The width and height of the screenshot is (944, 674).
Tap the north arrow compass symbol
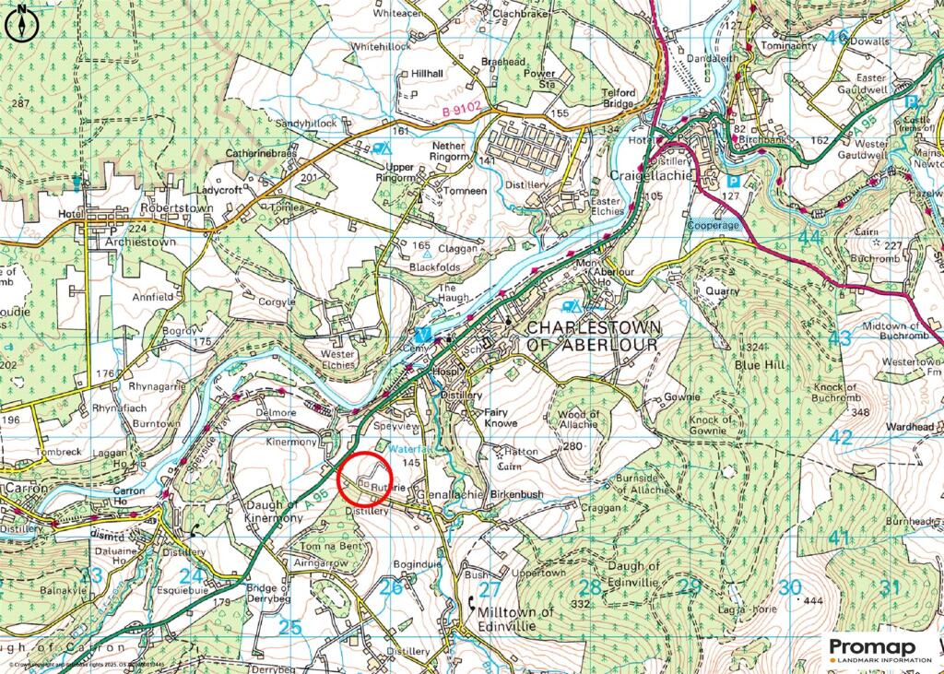click(x=19, y=25)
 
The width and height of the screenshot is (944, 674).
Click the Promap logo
click(x=880, y=649)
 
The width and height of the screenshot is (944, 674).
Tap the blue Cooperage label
click(x=713, y=224)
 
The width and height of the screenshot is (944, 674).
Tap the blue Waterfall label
click(x=408, y=448)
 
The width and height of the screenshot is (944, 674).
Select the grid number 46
click(x=836, y=37)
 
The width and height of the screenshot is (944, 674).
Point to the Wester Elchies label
click(x=336, y=360)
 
